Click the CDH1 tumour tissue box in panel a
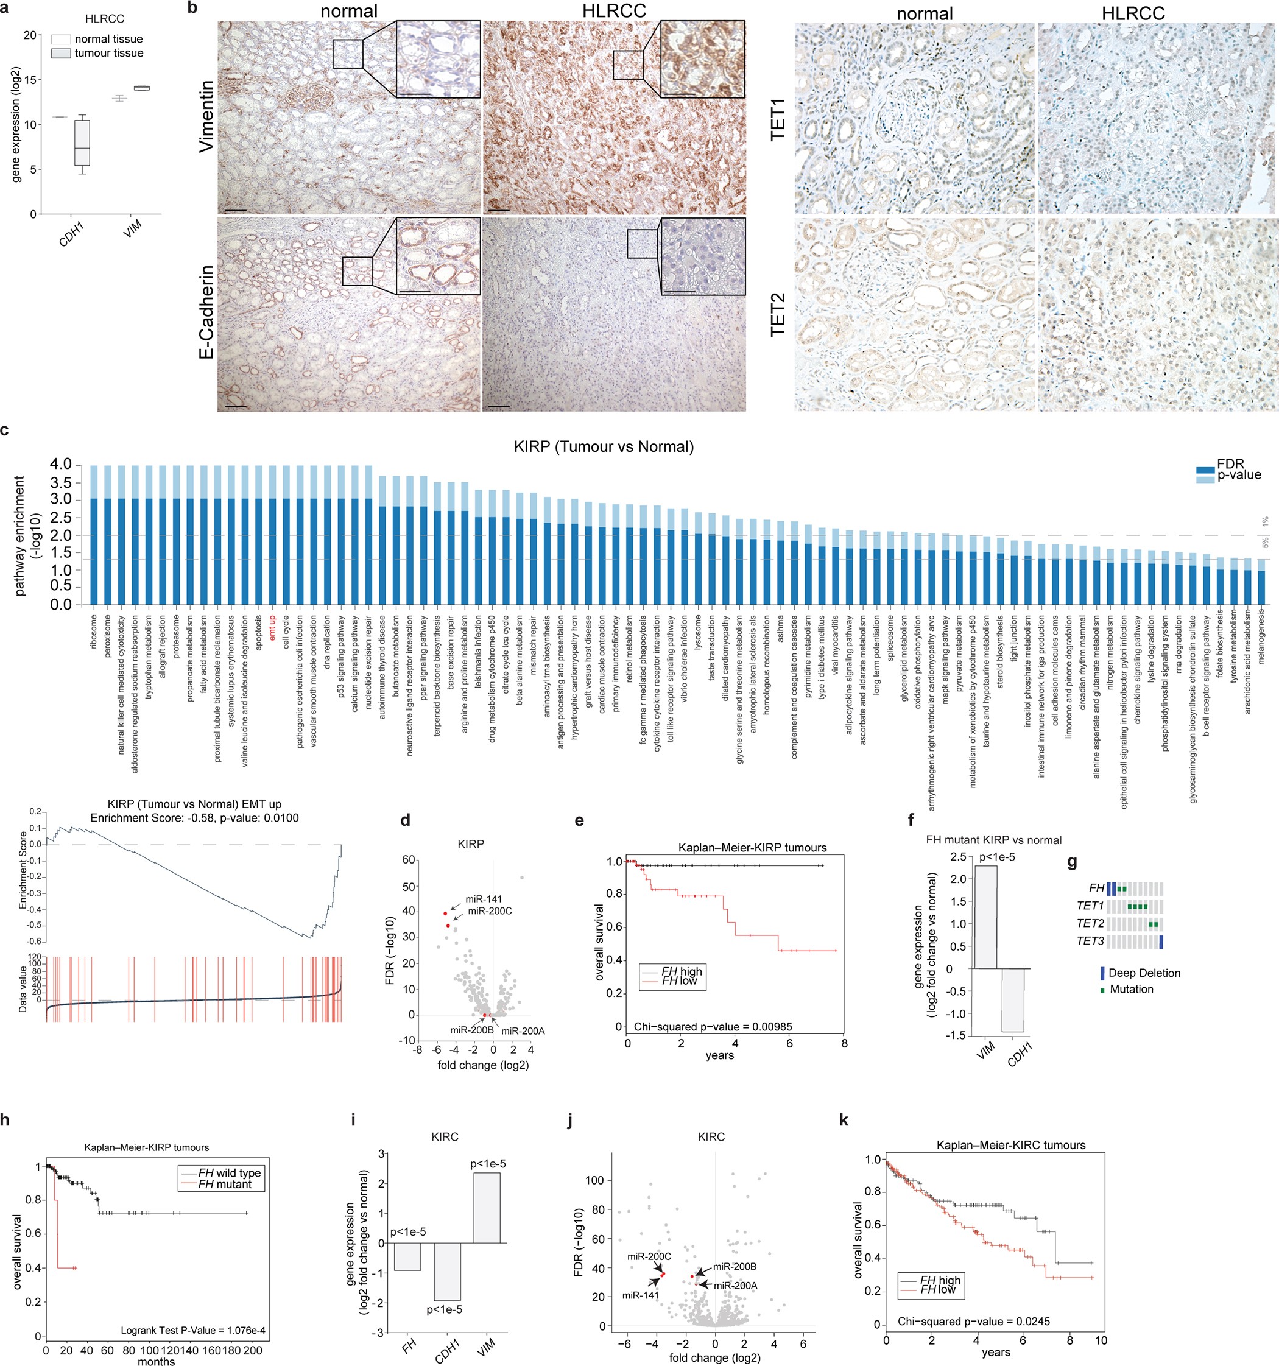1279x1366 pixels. click(82, 143)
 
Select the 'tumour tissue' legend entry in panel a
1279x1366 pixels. click(108, 54)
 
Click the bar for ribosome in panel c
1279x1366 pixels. click(94, 536)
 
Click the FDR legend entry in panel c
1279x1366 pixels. click(1230, 465)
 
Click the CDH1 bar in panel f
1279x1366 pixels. click(1013, 1000)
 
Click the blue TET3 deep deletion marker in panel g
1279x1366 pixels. click(1161, 942)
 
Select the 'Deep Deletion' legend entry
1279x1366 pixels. click(1144, 973)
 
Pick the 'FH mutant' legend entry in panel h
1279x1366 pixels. click(225, 1185)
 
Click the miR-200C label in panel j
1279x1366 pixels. click(649, 1257)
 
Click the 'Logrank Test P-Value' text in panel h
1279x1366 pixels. click(192, 1331)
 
